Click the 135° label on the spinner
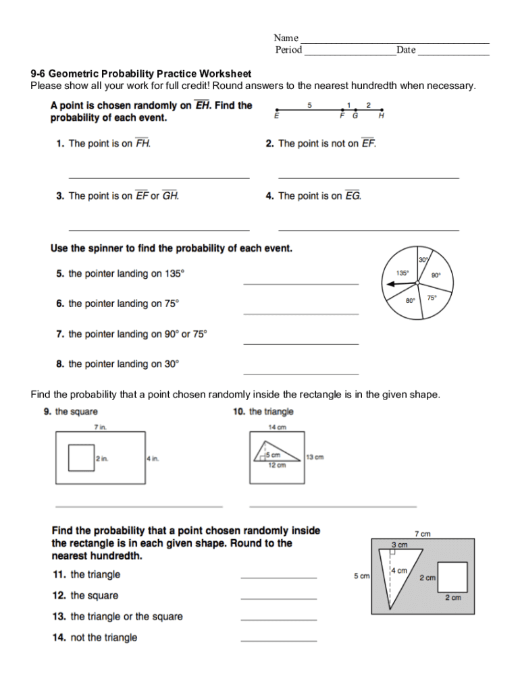click(402, 273)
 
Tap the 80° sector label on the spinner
click(410, 301)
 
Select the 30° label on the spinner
click(423, 260)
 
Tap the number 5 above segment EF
click(309, 105)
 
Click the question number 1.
click(59, 144)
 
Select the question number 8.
click(59, 364)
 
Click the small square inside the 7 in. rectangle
click(81, 458)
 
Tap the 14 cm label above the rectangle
click(278, 427)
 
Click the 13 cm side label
click(315, 457)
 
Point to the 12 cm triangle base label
click(277, 465)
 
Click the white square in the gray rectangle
click(452, 576)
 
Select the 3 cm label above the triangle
click(400, 545)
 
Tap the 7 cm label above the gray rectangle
click(422, 534)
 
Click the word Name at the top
click(286, 38)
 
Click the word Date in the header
click(406, 50)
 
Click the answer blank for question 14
click(278, 640)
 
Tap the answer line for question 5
click(301, 283)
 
